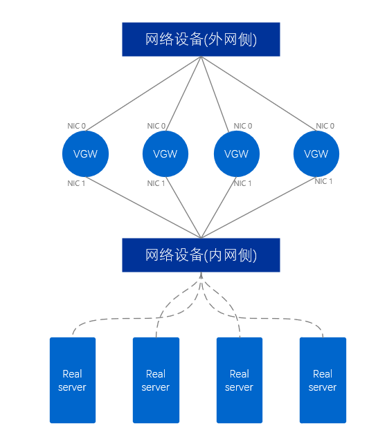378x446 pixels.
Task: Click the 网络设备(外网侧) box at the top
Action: (201, 39)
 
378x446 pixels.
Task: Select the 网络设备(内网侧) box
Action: (201, 255)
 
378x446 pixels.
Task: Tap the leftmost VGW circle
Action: (85, 154)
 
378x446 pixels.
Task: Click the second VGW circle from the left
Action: (165, 154)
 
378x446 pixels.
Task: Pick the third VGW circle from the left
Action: (237, 154)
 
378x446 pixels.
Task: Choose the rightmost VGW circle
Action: (316, 154)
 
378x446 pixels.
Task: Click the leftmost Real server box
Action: (72, 380)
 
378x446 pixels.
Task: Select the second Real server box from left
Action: (156, 380)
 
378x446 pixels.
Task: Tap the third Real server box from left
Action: (239, 380)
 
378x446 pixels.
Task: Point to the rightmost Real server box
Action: (323, 380)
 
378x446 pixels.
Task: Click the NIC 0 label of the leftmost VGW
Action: (76, 126)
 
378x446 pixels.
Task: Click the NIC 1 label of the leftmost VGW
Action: (76, 183)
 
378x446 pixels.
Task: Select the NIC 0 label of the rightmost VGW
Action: (325, 126)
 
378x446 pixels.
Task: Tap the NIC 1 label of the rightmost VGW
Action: (323, 181)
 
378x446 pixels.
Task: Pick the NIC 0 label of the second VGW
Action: (156, 126)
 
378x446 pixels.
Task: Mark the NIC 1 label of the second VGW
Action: (156, 183)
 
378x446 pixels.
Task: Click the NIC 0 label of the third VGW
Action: (242, 126)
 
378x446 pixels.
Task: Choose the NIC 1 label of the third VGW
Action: (242, 183)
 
